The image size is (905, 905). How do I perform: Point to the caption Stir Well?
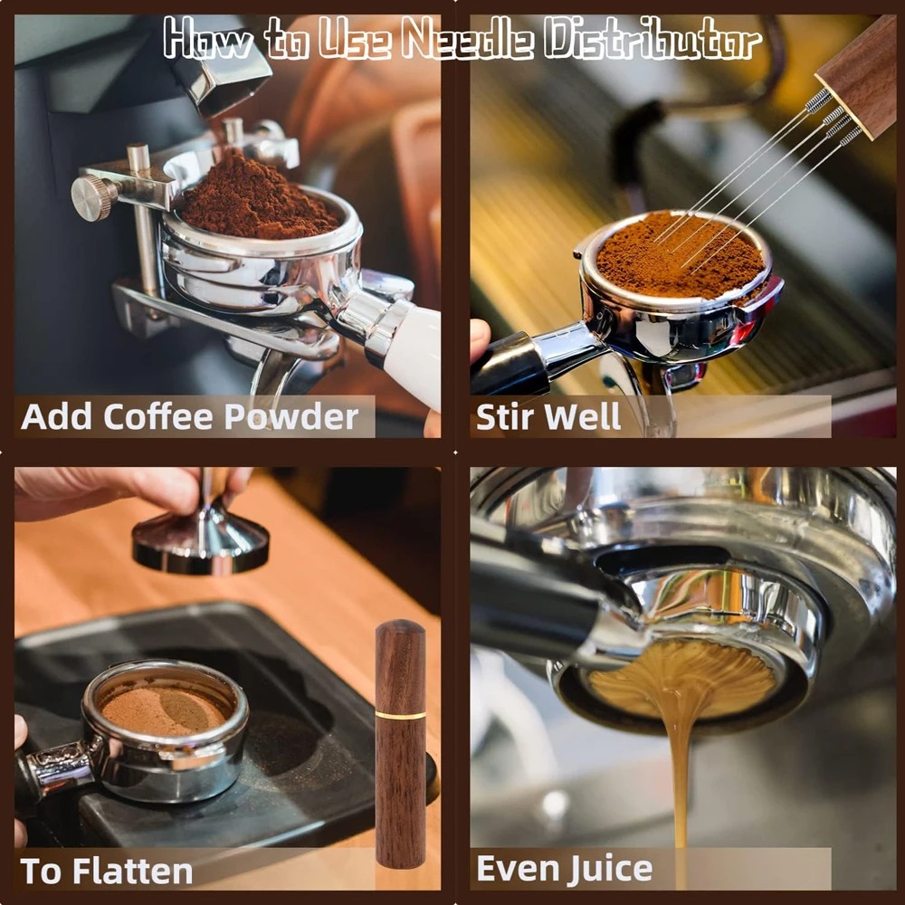[x=548, y=417]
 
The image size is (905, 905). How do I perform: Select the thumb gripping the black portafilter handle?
[x=480, y=340]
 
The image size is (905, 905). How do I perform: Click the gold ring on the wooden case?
[x=400, y=715]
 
